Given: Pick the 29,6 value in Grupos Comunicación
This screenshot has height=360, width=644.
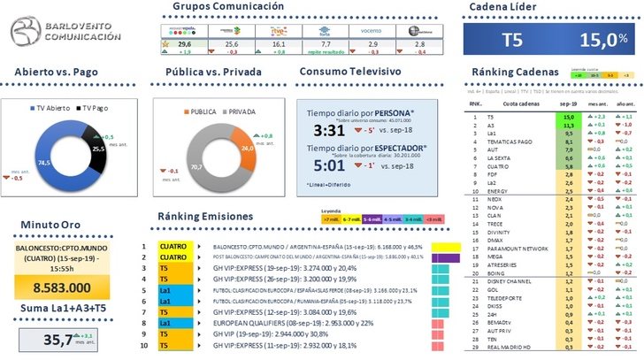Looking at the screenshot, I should click(x=159, y=42).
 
